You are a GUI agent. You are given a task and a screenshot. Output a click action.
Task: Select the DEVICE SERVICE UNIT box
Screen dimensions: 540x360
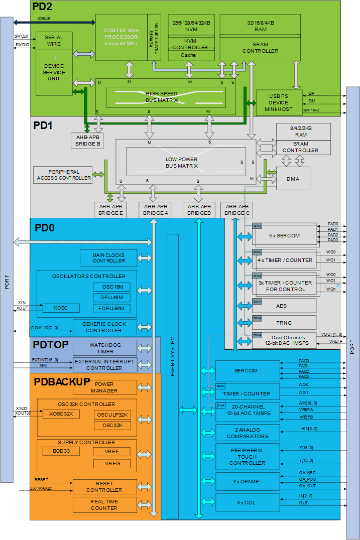(x=54, y=73)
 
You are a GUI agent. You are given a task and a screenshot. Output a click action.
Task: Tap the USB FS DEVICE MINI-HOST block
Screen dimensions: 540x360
(x=279, y=103)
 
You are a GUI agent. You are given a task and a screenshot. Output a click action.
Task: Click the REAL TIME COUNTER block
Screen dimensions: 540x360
(x=104, y=504)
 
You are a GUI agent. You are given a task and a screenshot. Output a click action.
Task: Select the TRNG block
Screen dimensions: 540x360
(x=284, y=323)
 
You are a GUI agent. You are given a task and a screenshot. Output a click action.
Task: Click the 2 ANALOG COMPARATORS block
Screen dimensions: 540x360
(x=247, y=433)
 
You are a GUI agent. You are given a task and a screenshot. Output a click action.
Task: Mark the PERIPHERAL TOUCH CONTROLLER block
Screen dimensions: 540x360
(x=247, y=457)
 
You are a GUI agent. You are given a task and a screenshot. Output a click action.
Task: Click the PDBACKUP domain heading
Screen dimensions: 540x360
(x=62, y=381)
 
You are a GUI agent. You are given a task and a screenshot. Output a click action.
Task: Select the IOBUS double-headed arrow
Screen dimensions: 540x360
(x=54, y=22)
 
